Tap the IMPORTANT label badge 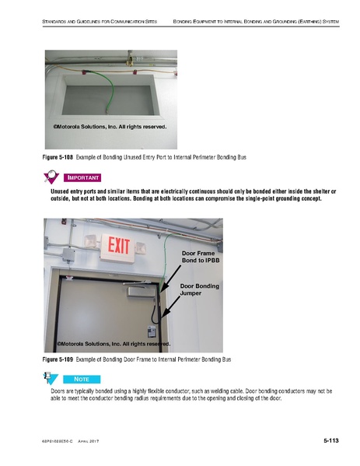point(82,177)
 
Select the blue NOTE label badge point(82,379)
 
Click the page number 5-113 point(331,441)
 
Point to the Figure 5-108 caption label point(58,157)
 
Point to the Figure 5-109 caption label point(58,359)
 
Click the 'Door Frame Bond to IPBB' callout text point(201,257)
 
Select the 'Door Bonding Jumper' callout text point(200,289)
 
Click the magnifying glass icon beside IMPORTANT point(51,177)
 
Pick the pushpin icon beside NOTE point(51,378)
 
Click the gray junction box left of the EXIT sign point(68,254)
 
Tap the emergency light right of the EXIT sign point(140,248)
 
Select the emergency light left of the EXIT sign point(91,241)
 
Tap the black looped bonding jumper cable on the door point(156,312)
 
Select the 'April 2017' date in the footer point(88,441)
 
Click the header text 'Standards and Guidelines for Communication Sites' point(100,22)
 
